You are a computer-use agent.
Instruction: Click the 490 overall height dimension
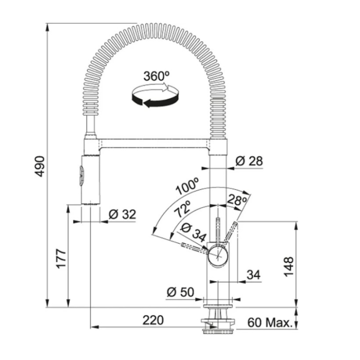[x=40, y=166]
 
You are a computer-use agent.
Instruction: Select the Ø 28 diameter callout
[x=249, y=161]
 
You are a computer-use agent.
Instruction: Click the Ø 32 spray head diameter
[x=123, y=215]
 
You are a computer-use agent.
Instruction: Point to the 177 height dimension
[x=61, y=258]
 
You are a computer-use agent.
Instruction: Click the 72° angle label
[x=184, y=210]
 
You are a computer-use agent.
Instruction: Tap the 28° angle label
[x=237, y=200]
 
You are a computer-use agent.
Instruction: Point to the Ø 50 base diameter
[x=180, y=292]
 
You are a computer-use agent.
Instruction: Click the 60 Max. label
[x=269, y=322]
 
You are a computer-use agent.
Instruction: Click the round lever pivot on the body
[x=218, y=255]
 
